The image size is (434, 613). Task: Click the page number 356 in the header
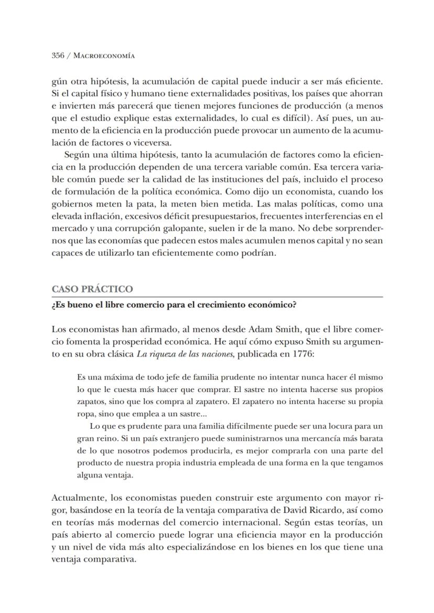click(58, 55)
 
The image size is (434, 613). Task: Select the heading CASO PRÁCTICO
click(92, 289)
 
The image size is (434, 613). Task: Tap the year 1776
click(302, 354)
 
